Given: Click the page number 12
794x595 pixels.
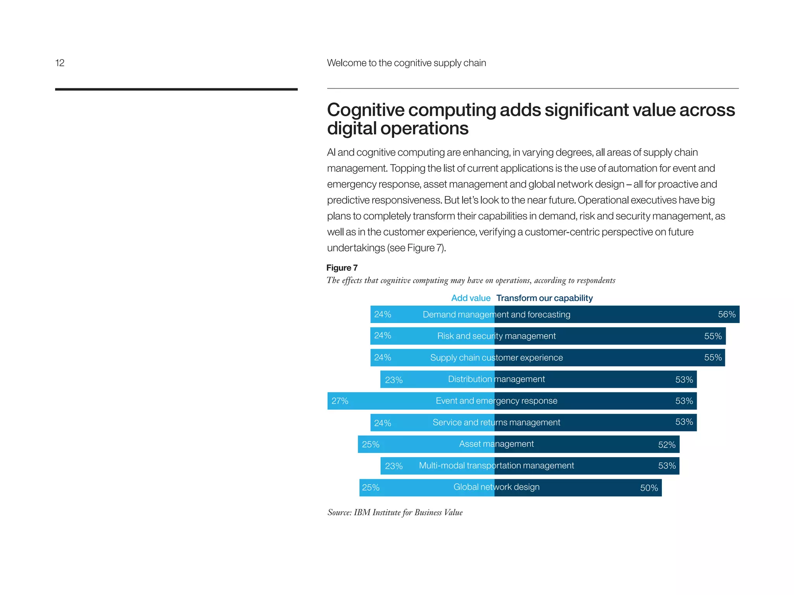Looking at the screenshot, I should (60, 63).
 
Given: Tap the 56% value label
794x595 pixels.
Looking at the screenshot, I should (726, 314).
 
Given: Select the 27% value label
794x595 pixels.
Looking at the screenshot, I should (340, 401).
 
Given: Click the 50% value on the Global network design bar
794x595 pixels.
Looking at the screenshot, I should (649, 488).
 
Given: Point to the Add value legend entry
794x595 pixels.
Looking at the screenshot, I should (471, 298).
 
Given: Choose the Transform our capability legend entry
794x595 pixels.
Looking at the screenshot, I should (544, 298).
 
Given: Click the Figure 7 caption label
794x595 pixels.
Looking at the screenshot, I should (342, 268).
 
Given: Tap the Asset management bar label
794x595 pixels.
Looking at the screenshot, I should (496, 444).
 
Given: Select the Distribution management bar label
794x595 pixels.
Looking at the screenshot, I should (496, 379).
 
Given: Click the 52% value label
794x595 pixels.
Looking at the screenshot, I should (666, 445).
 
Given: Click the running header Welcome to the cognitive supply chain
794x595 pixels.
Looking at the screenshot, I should (406, 63).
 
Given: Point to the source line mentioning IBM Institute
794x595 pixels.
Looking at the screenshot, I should (395, 512).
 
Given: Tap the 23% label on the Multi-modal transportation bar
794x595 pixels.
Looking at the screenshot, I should (394, 466).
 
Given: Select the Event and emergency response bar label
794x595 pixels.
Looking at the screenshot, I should (496, 401).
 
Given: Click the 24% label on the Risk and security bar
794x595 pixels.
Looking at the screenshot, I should (382, 335).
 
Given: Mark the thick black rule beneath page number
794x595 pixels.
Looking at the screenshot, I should (176, 89).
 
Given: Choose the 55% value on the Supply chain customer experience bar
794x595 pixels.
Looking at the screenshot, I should (713, 358).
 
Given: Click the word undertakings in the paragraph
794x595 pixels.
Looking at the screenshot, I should (356, 248).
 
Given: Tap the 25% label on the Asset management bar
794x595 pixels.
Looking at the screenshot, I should (370, 444).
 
